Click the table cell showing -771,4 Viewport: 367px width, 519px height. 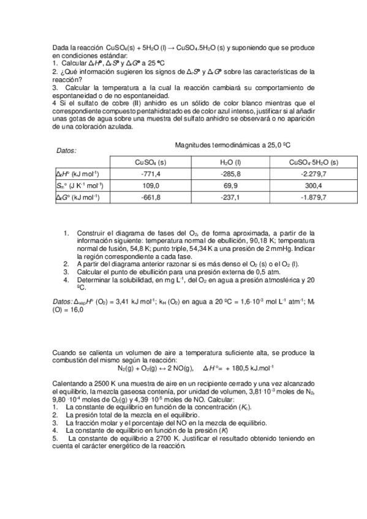coord(150,174)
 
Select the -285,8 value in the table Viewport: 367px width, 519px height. coord(230,174)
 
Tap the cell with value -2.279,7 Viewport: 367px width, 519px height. coord(314,174)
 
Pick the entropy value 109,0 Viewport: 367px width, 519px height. coord(150,185)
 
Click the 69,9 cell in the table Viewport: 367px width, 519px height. coord(230,185)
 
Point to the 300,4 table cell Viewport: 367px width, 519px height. coord(314,185)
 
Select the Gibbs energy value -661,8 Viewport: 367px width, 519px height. coord(150,197)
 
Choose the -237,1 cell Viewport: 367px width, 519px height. coord(230,197)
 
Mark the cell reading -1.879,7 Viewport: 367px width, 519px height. coord(314,197)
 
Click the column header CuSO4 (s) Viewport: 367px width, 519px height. coord(150,162)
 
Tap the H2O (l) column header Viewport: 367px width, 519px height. coord(230,162)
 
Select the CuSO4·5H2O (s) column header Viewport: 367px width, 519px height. coord(314,162)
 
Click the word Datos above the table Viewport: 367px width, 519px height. coord(66,151)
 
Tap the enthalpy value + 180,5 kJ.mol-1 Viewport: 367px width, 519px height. coord(244,368)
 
